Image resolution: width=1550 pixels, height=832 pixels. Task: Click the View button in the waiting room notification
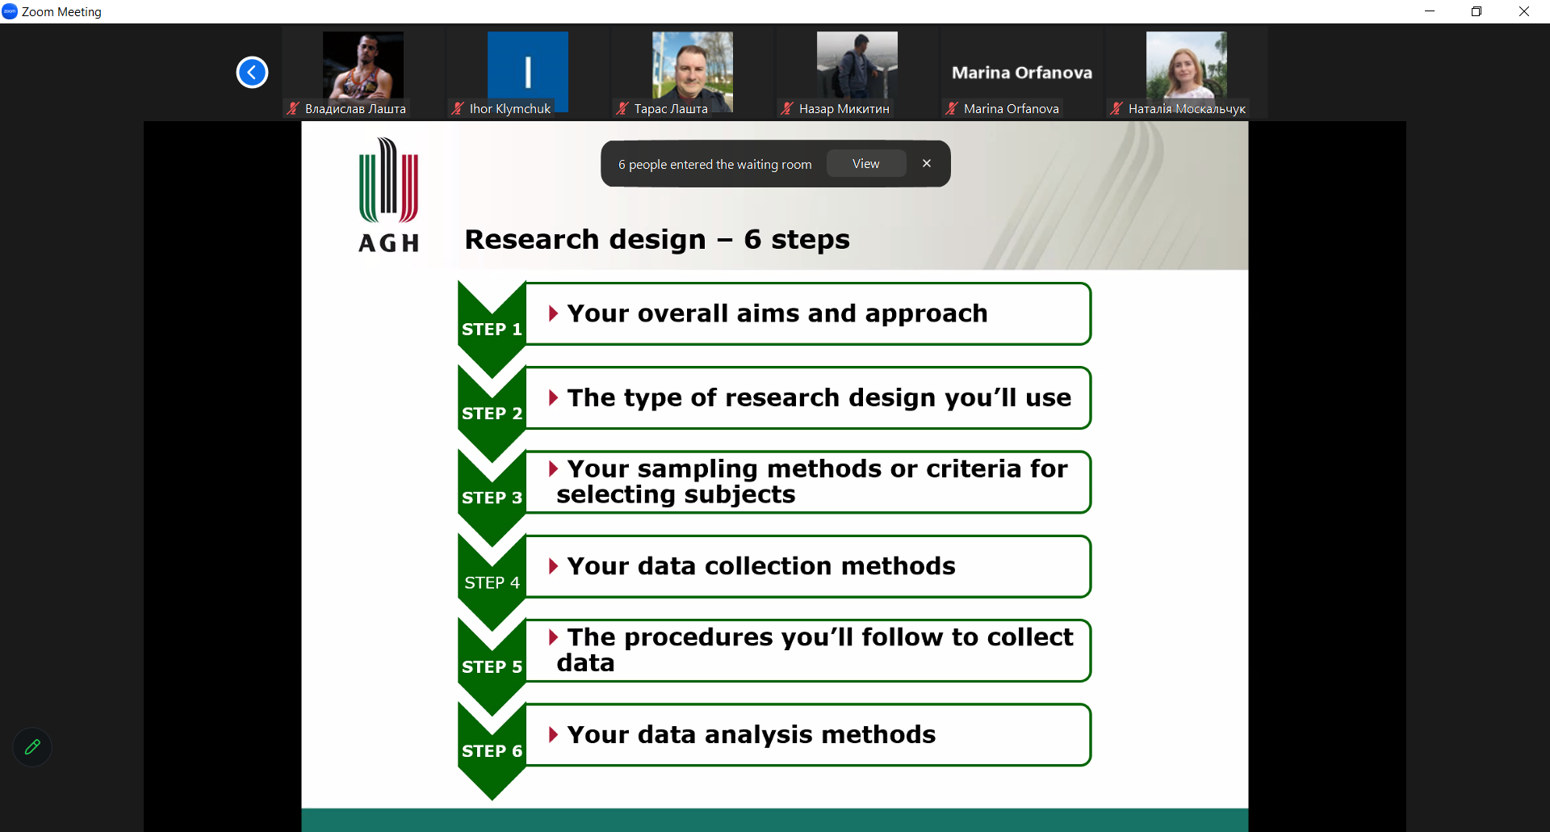pos(866,164)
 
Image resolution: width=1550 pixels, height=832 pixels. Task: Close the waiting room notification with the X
pos(927,163)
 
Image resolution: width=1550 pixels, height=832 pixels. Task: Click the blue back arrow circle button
pos(252,73)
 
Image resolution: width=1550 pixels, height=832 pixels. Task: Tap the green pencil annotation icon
pos(32,747)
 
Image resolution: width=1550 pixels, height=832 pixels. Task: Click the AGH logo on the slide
pos(389,195)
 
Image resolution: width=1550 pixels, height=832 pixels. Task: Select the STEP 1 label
pos(492,329)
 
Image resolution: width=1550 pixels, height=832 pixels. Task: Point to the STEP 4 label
pos(492,582)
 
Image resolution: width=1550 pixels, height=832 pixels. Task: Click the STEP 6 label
pos(492,751)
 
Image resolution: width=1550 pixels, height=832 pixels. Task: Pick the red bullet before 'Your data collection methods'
pos(553,566)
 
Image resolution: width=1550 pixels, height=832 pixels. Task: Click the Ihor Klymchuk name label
pos(510,109)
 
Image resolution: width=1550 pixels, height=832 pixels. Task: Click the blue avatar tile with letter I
pos(528,71)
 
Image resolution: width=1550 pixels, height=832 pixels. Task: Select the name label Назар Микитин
pos(844,109)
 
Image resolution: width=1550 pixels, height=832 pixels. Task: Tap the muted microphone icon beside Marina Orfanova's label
pos(952,109)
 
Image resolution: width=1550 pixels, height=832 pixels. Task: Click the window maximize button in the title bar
pos(1477,11)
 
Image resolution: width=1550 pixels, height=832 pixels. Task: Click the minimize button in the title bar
pos(1430,11)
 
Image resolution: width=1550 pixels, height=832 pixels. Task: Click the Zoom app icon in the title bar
pos(10,11)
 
